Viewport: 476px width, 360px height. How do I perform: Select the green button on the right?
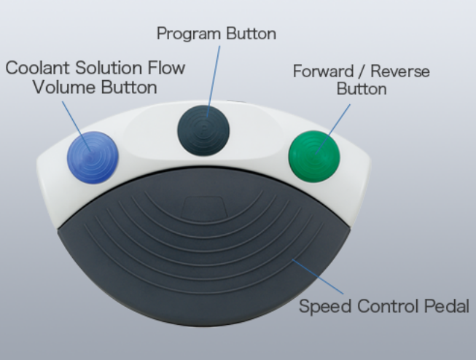[314, 155]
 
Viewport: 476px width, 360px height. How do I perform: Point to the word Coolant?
[37, 69]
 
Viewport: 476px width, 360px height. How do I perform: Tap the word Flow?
[166, 69]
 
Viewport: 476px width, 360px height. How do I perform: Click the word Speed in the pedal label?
[321, 306]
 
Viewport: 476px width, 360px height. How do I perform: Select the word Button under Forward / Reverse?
[361, 90]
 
